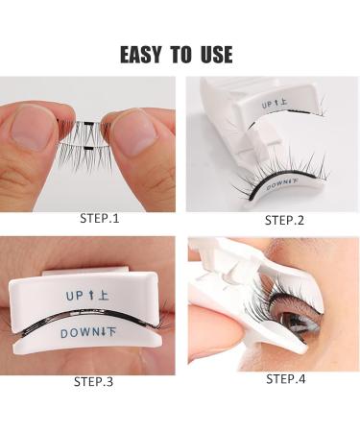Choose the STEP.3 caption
pos(93,381)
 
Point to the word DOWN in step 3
pos(80,332)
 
